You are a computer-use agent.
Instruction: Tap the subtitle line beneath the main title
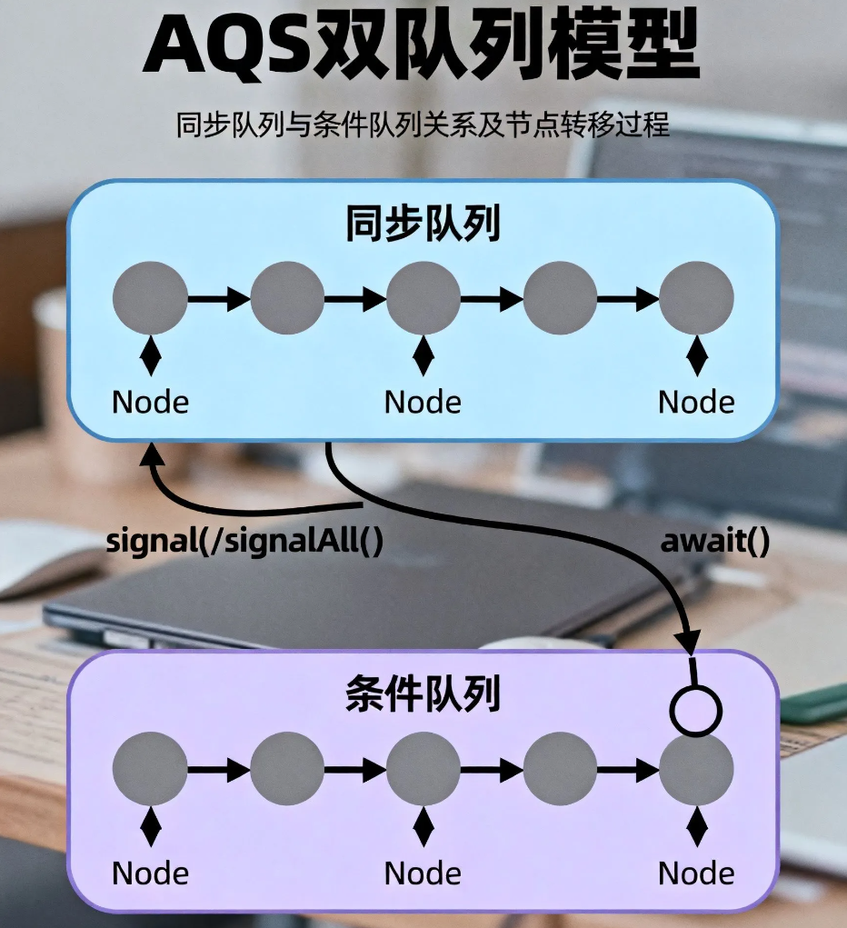pyautogui.click(x=423, y=125)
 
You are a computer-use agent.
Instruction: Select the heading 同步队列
pyautogui.click(x=423, y=226)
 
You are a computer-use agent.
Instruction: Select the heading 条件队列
pyautogui.click(x=423, y=697)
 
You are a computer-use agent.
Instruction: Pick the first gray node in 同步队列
pyautogui.click(x=150, y=298)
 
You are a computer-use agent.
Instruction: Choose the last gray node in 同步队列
pyautogui.click(x=696, y=298)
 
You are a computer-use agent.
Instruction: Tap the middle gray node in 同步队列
pyautogui.click(x=423, y=298)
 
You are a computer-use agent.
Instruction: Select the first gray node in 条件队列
pyautogui.click(x=150, y=769)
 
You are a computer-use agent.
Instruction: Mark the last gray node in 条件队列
pyautogui.click(x=696, y=769)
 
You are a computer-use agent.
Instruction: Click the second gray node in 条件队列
pyautogui.click(x=287, y=769)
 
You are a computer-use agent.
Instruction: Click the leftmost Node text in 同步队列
pyautogui.click(x=150, y=402)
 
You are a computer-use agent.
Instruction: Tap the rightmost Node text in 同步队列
pyautogui.click(x=696, y=402)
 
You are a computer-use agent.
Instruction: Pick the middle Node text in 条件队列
pyautogui.click(x=423, y=873)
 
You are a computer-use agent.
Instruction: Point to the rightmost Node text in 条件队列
pyautogui.click(x=696, y=873)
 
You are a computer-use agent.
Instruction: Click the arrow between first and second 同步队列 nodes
pyautogui.click(x=219, y=298)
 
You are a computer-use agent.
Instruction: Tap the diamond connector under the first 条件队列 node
pyautogui.click(x=150, y=828)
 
